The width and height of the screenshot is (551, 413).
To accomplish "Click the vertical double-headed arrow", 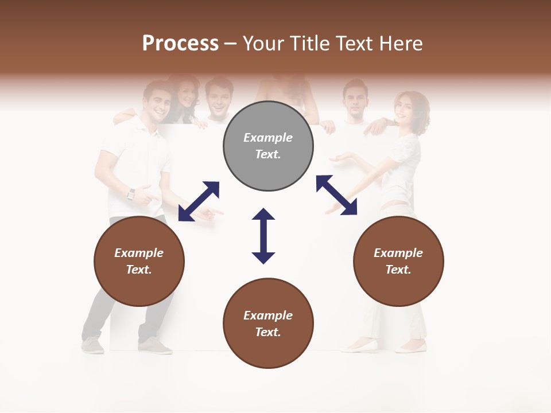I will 263,236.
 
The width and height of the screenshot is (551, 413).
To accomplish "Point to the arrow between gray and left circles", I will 199,201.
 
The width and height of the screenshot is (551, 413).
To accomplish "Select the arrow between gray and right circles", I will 336,195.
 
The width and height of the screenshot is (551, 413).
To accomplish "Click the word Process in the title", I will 180,43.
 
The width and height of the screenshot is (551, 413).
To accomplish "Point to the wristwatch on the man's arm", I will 131,194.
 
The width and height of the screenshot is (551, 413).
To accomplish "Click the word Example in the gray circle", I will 268,138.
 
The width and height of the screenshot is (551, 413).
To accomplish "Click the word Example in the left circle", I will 139,253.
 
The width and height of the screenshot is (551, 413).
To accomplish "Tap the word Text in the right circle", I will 397,270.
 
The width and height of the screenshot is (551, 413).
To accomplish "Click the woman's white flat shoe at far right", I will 412,348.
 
